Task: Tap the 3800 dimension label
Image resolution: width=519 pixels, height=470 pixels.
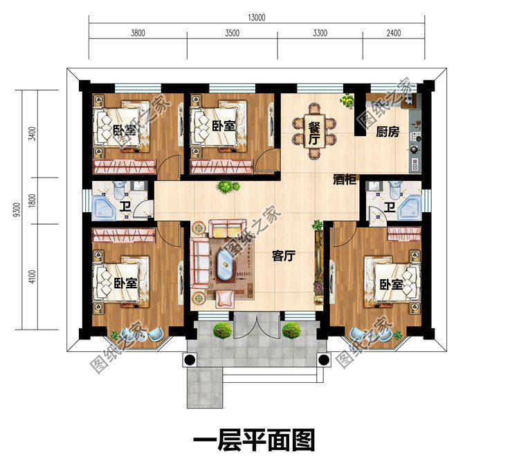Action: coord(137,33)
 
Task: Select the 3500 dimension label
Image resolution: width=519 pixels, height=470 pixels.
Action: coord(232,33)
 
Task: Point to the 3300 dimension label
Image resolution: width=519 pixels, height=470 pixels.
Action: coord(320,33)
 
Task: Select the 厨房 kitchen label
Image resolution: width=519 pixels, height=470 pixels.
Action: coord(388,132)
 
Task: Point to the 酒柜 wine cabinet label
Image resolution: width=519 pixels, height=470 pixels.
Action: coord(345,179)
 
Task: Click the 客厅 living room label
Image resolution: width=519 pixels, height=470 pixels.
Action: coord(284,256)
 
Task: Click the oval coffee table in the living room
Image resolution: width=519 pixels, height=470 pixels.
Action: coord(226,264)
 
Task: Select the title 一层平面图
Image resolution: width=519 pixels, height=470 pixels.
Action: coord(253,440)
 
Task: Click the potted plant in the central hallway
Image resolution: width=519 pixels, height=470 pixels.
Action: coord(226,186)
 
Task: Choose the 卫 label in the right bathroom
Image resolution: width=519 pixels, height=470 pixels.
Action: coord(390,208)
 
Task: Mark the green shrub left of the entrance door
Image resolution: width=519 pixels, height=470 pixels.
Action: coord(221,330)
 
